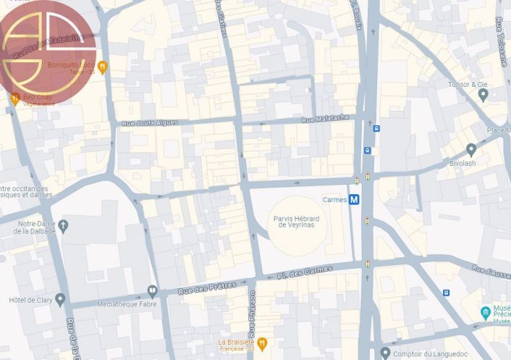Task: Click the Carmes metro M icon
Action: click(354, 200)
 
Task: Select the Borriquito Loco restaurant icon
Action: click(104, 67)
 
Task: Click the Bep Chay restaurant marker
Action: click(14, 99)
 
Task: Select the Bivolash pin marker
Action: click(471, 150)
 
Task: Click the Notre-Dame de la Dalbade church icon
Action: click(63, 226)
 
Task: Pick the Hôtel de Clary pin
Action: click(60, 299)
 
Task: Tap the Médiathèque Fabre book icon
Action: click(152, 291)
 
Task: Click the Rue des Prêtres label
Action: click(206, 288)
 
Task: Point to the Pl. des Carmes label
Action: click(305, 272)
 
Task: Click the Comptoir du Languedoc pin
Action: click(385, 353)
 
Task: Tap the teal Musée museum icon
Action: click(486, 313)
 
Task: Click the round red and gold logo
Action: click(48, 53)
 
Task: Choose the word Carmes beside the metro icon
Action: click(334, 200)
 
